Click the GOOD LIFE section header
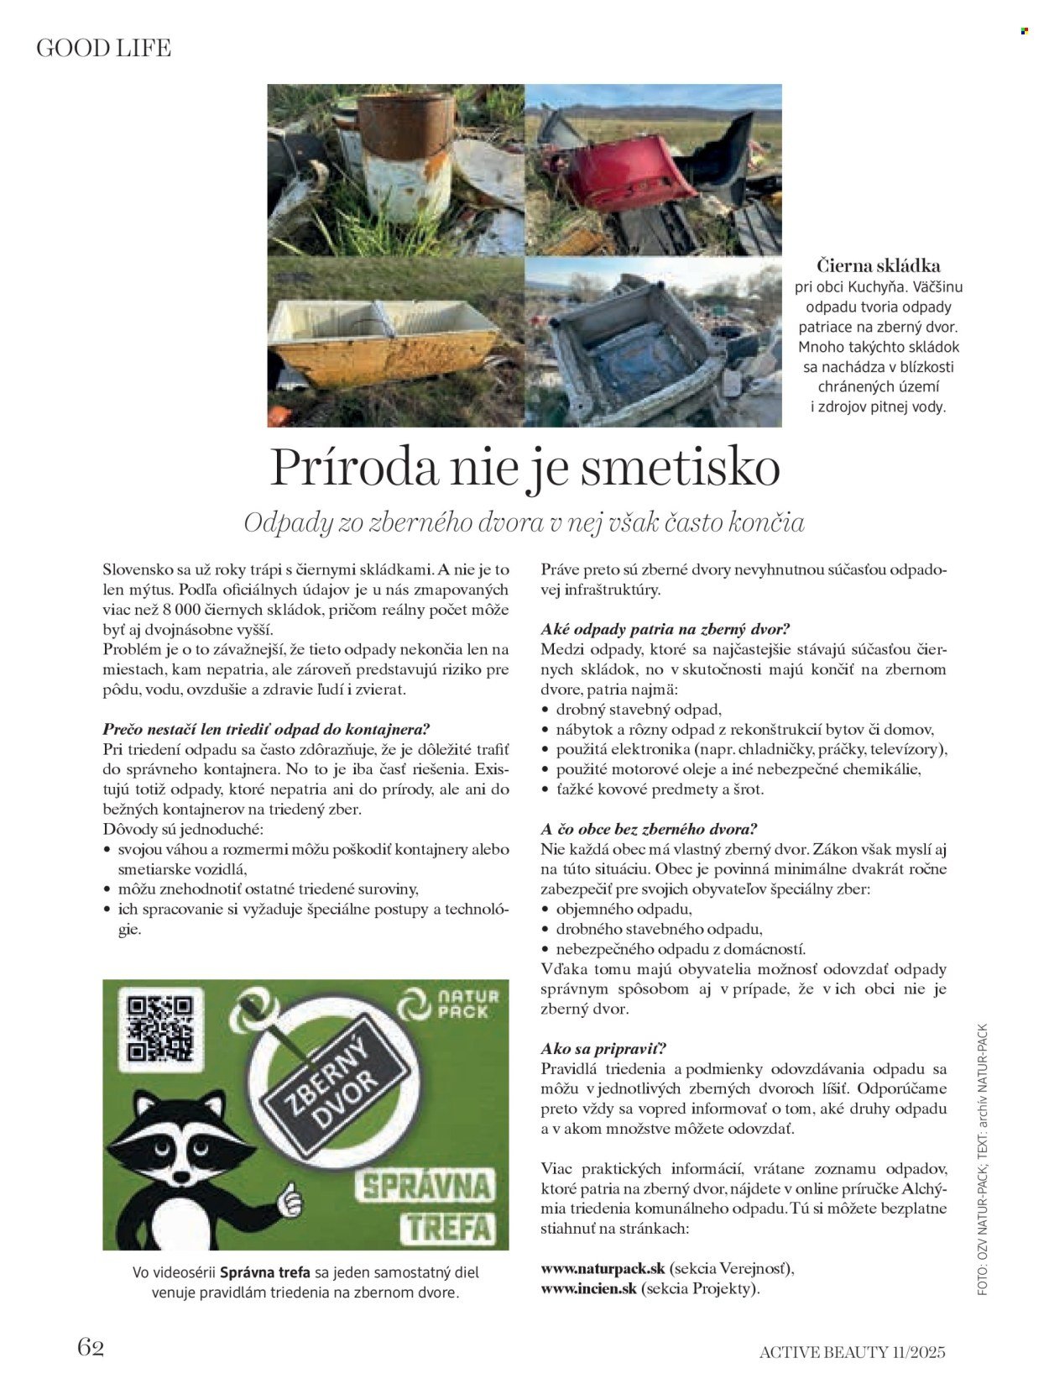point(103,49)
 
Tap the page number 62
point(91,1346)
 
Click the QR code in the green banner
point(159,1028)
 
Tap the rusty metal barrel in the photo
point(406,155)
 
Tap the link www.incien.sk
point(589,1287)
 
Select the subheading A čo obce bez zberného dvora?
point(649,829)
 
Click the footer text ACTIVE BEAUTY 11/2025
point(852,1351)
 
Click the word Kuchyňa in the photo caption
point(881,287)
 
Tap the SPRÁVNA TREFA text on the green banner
point(426,1206)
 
